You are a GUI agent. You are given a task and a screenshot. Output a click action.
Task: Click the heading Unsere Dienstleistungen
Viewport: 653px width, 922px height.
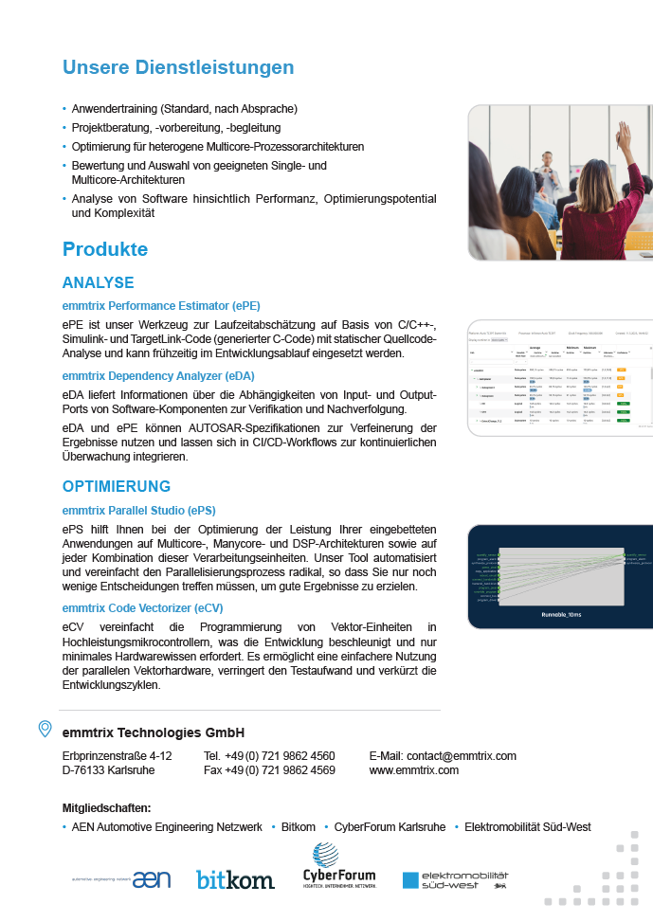(x=178, y=67)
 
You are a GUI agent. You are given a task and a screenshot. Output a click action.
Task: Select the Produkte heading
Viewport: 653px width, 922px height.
(x=105, y=249)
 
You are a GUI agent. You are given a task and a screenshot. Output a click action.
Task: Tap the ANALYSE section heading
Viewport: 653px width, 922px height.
(x=98, y=282)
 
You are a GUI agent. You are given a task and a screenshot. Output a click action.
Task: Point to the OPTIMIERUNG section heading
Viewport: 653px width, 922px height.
(x=117, y=486)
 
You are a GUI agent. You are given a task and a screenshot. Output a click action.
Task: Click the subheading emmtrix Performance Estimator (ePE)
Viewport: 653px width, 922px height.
(x=161, y=305)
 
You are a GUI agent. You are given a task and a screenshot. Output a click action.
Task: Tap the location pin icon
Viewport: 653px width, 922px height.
(x=45, y=729)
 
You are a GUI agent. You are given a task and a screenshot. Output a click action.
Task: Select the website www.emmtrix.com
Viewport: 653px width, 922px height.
(x=413, y=770)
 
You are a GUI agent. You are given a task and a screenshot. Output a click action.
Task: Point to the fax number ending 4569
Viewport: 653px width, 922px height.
(x=269, y=770)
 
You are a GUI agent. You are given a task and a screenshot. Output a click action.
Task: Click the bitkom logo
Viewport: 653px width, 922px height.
(x=235, y=879)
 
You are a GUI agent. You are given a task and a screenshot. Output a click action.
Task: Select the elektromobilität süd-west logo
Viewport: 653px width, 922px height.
(x=455, y=879)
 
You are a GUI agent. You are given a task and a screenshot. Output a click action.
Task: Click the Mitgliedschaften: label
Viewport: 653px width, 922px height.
(x=106, y=808)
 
